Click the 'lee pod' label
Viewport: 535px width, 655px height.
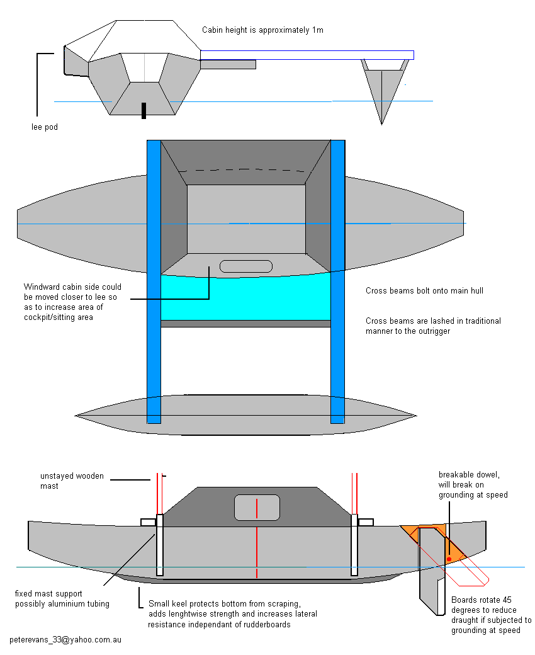coord(45,127)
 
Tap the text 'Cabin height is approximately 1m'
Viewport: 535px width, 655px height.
coord(262,30)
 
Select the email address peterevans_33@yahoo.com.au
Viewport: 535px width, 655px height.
coord(65,639)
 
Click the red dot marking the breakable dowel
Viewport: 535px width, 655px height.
coord(449,559)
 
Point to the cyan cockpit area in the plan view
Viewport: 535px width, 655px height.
coord(246,297)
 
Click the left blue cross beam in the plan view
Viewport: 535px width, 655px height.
coord(154,282)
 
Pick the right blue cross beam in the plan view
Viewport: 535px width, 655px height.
coord(337,282)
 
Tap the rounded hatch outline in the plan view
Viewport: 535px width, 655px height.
coord(246,266)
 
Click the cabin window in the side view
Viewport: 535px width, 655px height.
coord(257,508)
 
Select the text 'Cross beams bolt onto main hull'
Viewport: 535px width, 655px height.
coord(424,291)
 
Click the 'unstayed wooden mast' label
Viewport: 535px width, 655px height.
coord(72,481)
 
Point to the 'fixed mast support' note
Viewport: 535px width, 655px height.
coord(62,598)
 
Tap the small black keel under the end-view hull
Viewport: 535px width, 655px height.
coord(144,111)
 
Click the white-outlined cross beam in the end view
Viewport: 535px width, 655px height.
coord(307,55)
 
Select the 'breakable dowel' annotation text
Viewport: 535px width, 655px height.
coord(473,484)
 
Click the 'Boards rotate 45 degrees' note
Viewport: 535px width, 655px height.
coord(491,615)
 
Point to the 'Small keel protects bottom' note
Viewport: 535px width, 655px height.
coord(232,614)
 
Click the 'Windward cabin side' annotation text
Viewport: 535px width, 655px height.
coord(72,302)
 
